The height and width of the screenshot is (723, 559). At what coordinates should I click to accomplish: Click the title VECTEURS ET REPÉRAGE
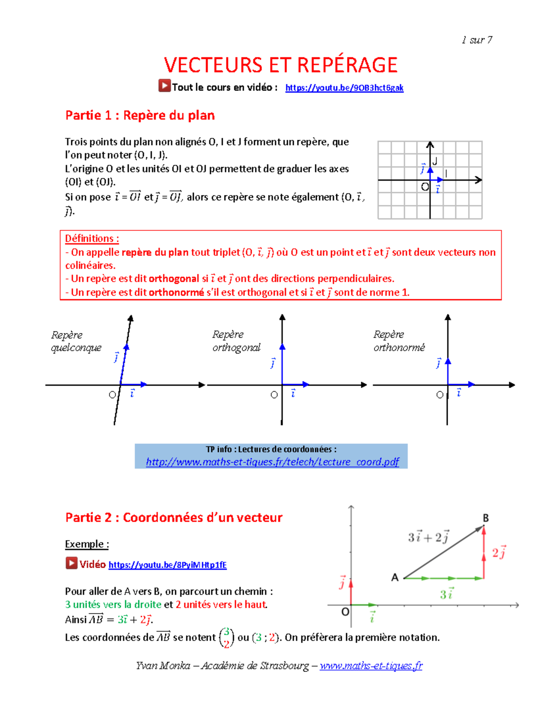pyautogui.click(x=280, y=65)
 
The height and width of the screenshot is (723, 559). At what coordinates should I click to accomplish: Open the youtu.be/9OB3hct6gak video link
pyautogui.click(x=344, y=88)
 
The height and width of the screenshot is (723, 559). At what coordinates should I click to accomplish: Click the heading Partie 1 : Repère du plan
pyautogui.click(x=140, y=115)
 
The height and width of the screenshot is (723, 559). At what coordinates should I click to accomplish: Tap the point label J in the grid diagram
pyautogui.click(x=435, y=162)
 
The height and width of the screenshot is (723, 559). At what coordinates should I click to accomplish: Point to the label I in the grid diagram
pyautogui.click(x=446, y=174)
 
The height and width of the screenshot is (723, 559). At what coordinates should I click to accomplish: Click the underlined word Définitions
pyautogui.click(x=92, y=239)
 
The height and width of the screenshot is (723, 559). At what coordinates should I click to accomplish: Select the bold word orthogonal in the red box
pyautogui.click(x=174, y=279)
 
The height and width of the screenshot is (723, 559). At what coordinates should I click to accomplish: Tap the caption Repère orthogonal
pyautogui.click(x=236, y=341)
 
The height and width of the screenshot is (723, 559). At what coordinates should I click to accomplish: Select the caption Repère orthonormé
pyautogui.click(x=399, y=341)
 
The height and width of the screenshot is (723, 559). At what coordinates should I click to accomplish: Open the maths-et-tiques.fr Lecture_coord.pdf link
pyautogui.click(x=273, y=462)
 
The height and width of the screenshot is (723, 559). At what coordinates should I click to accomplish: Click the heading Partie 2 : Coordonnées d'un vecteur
pyautogui.click(x=174, y=518)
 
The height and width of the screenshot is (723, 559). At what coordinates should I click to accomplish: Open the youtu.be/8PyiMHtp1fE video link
pyautogui.click(x=168, y=565)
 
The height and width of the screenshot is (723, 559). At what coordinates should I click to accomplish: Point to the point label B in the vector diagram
pyautogui.click(x=486, y=518)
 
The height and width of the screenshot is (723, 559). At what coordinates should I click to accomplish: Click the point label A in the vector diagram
pyautogui.click(x=395, y=578)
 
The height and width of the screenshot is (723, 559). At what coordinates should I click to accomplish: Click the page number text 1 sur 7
pyautogui.click(x=477, y=40)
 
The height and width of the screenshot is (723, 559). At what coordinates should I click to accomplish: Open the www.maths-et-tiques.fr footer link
pyautogui.click(x=371, y=666)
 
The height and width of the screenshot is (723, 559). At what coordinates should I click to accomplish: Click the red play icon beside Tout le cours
pyautogui.click(x=164, y=86)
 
